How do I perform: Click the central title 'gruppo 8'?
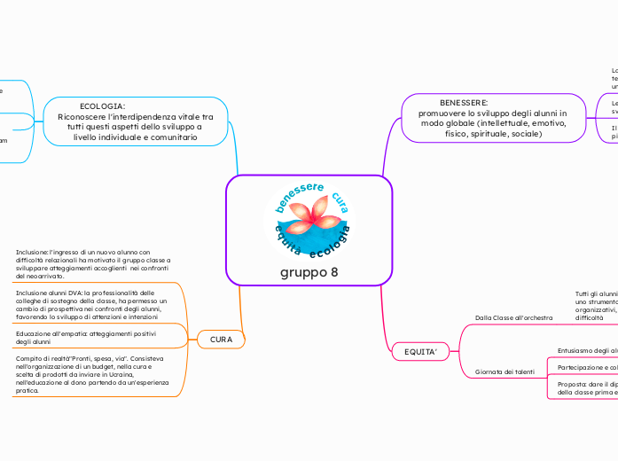(309, 271)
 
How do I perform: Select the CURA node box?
(215, 340)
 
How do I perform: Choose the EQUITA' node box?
(421, 353)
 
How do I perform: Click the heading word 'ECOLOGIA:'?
(102, 106)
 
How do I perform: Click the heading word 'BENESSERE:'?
(464, 103)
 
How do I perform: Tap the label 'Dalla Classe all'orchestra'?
(514, 316)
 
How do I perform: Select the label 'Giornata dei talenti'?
(505, 371)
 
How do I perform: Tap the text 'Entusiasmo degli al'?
(587, 350)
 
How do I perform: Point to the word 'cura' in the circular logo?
(339, 204)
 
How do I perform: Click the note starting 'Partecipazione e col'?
(587, 366)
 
